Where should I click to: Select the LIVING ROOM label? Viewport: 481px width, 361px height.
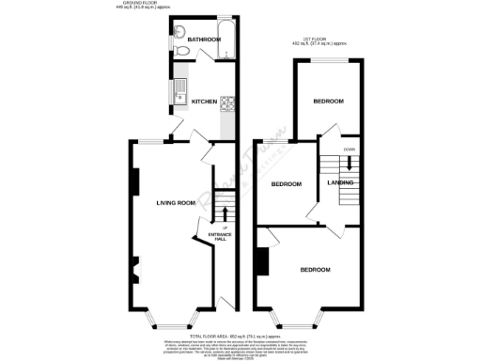175,202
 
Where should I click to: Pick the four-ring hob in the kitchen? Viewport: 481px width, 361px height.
226,105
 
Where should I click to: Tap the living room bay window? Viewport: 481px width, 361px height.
170,319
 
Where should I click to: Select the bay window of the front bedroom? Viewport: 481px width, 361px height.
298,319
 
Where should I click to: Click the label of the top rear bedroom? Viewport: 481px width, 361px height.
328,102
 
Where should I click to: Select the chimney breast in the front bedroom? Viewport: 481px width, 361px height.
259,260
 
